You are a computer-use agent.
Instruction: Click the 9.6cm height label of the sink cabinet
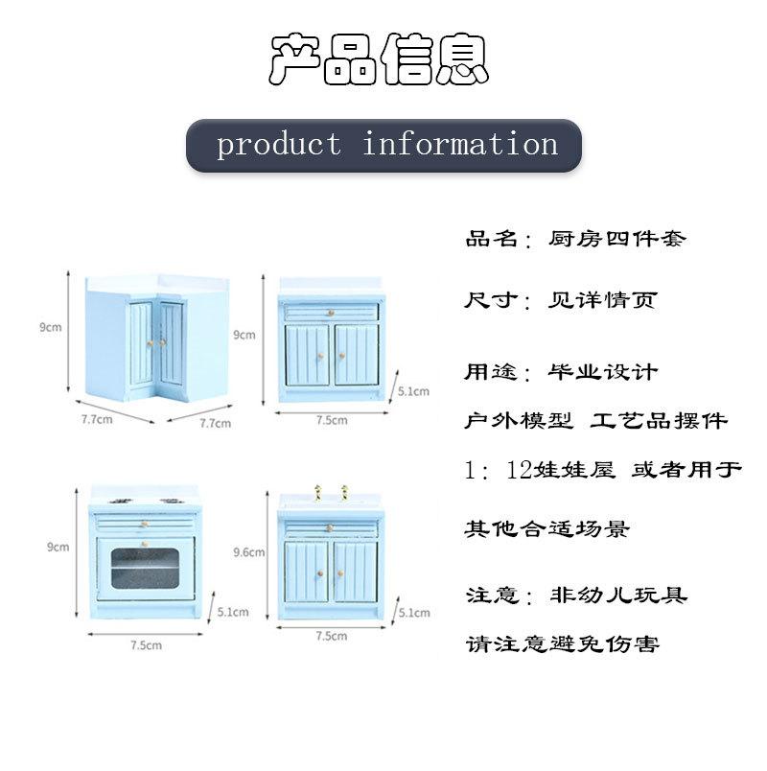pyautogui.click(x=248, y=552)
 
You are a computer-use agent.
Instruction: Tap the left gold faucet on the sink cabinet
pyautogui.click(x=318, y=492)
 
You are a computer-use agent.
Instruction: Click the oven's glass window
pyautogui.click(x=145, y=568)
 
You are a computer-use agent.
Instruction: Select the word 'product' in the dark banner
pyautogui.click(x=279, y=145)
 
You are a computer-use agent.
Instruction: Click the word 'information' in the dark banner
pyautogui.click(x=460, y=143)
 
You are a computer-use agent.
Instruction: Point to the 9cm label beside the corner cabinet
pyautogui.click(x=51, y=327)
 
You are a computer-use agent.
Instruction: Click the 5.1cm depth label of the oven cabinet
pyautogui.click(x=233, y=612)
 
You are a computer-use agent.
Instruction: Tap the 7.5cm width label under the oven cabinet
pyautogui.click(x=146, y=645)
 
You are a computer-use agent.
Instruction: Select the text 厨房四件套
pyautogui.click(x=617, y=239)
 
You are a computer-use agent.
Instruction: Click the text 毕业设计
pyautogui.click(x=603, y=372)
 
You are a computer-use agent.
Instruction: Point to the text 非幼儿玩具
pyautogui.click(x=618, y=595)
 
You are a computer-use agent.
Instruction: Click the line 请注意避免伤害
pyautogui.click(x=563, y=643)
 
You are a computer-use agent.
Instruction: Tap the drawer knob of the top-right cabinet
pyautogui.click(x=331, y=313)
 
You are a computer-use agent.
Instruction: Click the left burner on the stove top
pyautogui.click(x=121, y=502)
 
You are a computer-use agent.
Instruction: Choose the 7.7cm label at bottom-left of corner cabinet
pyautogui.click(x=97, y=419)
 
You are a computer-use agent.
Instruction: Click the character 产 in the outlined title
pyautogui.click(x=296, y=58)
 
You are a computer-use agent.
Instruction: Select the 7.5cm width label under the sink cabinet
pyautogui.click(x=332, y=636)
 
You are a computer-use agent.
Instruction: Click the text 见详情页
pyautogui.click(x=602, y=300)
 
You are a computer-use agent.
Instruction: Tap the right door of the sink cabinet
pyautogui.click(x=356, y=572)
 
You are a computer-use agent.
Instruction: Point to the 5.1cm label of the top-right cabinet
pyautogui.click(x=413, y=391)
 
